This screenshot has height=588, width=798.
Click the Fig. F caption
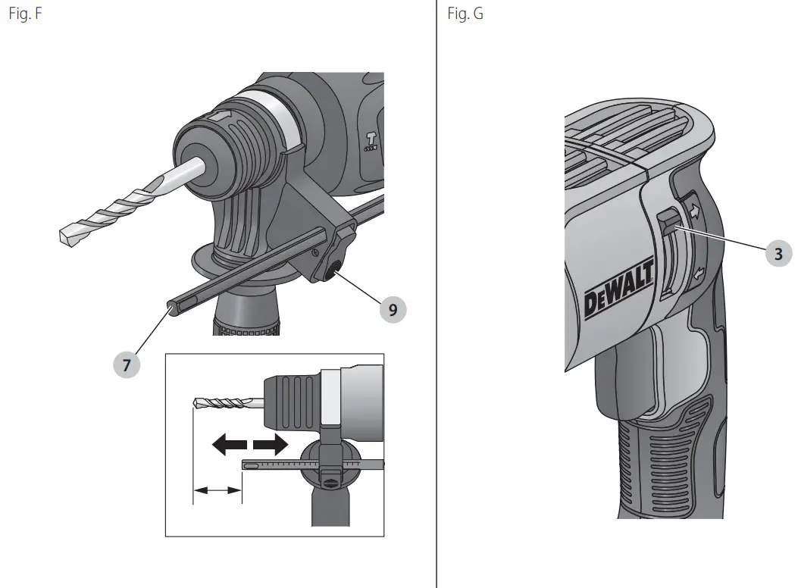[x=24, y=14]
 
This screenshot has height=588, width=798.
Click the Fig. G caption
[x=465, y=14]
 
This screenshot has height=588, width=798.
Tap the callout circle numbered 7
[x=127, y=365]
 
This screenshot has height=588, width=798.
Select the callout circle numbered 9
[x=392, y=308]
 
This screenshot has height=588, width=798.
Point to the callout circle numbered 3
[x=778, y=254]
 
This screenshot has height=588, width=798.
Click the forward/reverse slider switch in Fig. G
[x=668, y=224]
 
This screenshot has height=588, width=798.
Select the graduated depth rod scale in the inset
[x=277, y=464]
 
